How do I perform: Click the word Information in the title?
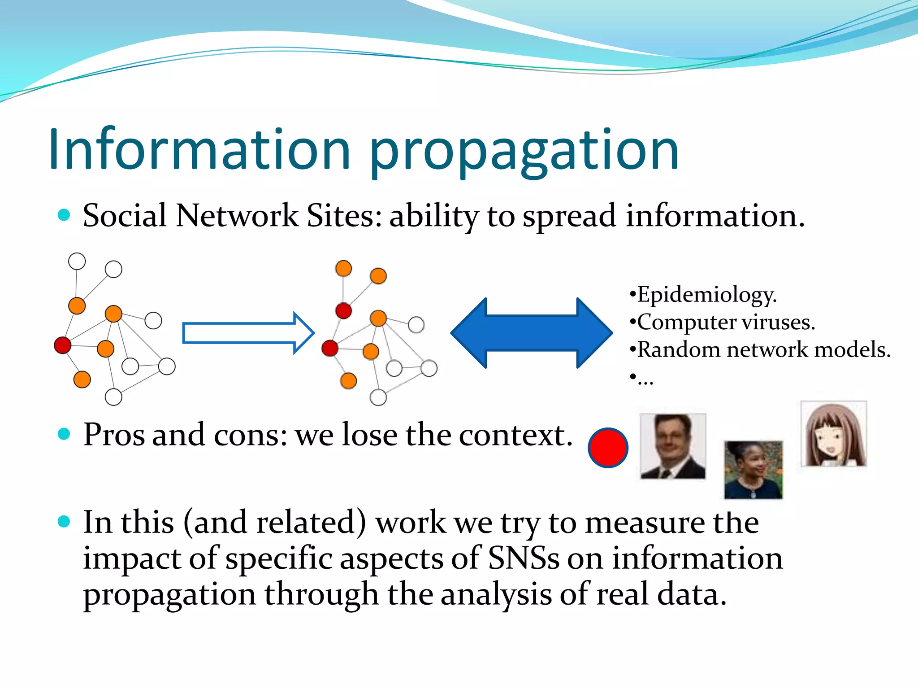199,149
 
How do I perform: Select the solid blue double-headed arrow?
532,333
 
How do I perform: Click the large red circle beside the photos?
608,448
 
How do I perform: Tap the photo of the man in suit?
673,446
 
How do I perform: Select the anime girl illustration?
834,434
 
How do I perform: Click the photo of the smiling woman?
753,469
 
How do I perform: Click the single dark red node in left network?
63,345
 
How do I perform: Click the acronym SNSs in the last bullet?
524,558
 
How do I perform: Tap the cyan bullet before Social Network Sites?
64,215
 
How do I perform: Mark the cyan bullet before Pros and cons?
64,434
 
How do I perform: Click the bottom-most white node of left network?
113,397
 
